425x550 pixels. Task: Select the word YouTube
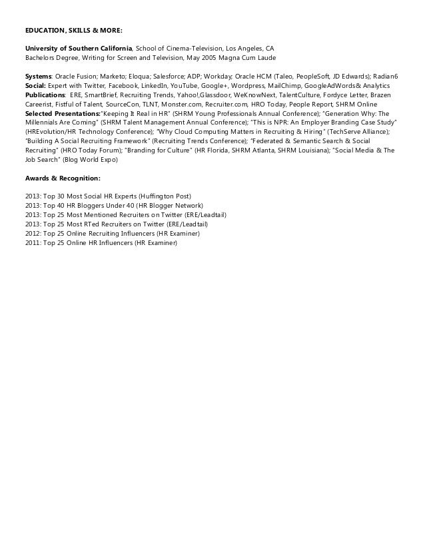click(189, 87)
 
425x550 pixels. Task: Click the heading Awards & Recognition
click(63, 178)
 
